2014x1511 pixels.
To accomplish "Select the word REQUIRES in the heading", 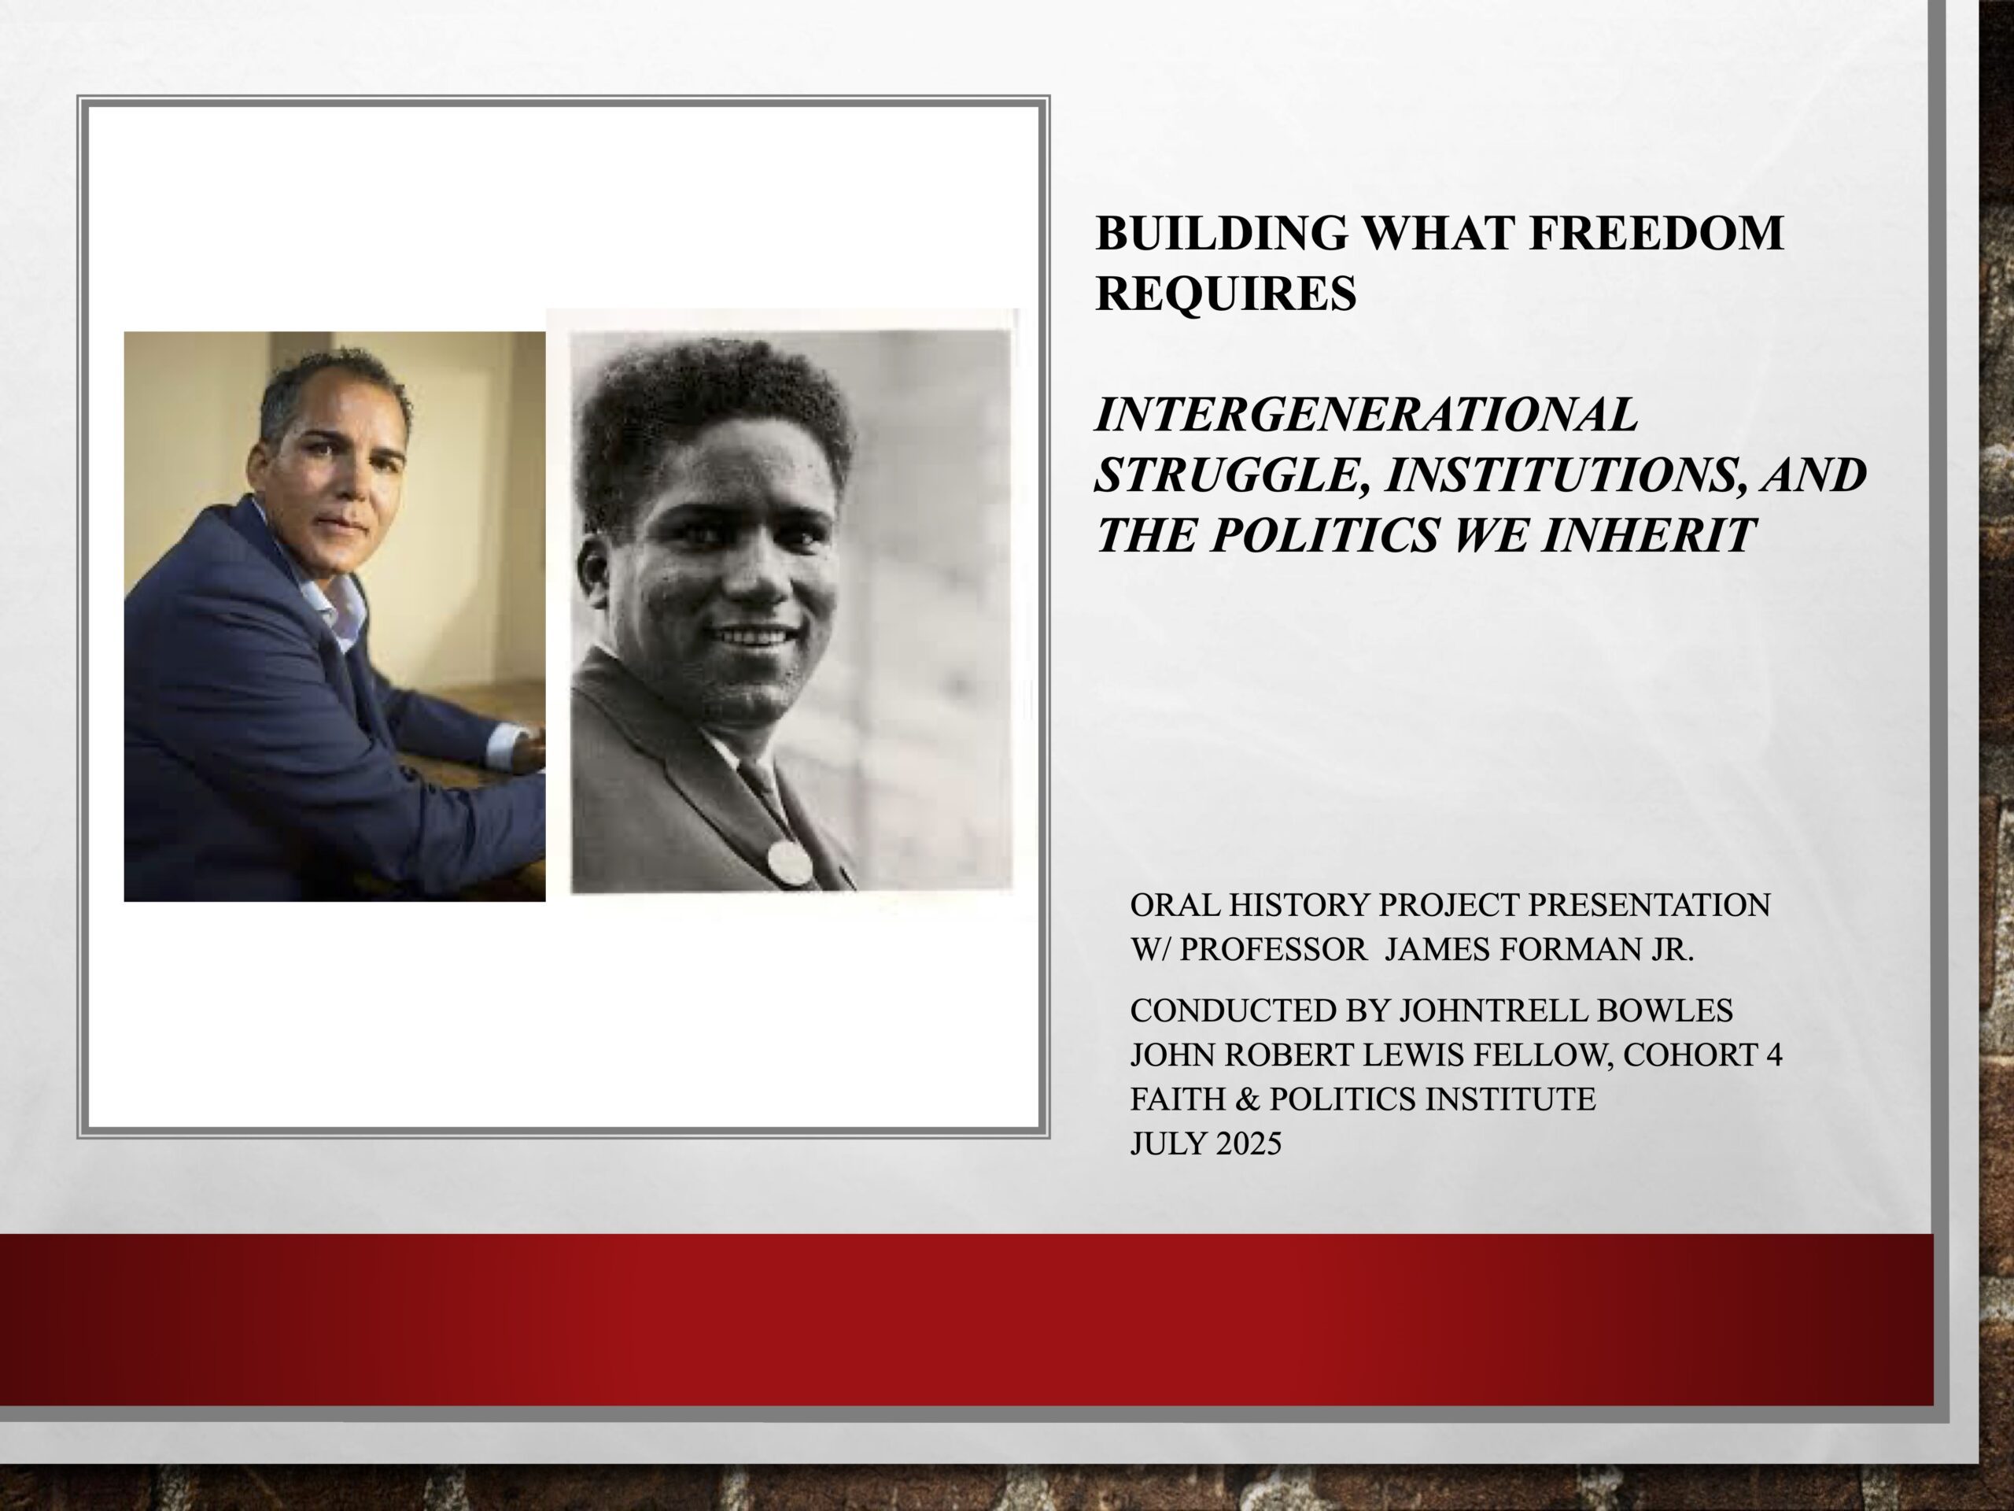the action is (1226, 294).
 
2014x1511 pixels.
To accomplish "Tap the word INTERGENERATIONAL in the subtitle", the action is (1366, 415).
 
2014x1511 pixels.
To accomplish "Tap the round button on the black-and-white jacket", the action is (788, 863).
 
